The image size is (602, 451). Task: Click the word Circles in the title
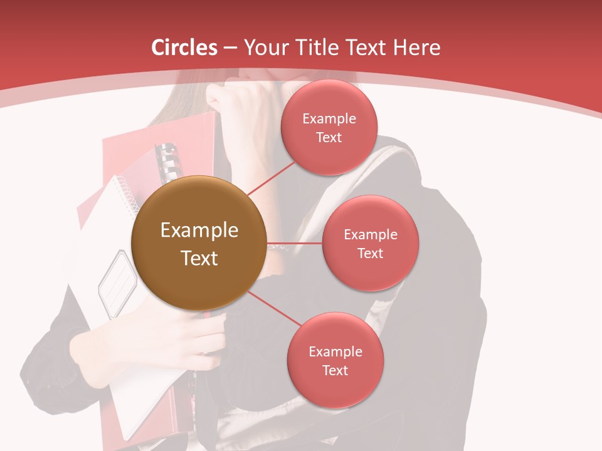[x=184, y=48]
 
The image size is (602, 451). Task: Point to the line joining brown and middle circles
[x=294, y=242]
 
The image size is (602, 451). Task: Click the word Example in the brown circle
[x=199, y=230]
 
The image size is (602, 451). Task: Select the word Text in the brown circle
[x=199, y=258]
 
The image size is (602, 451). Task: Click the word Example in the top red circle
[x=329, y=118]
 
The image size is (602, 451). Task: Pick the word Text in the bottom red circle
[x=335, y=370]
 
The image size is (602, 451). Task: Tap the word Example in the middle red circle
[x=370, y=234]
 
